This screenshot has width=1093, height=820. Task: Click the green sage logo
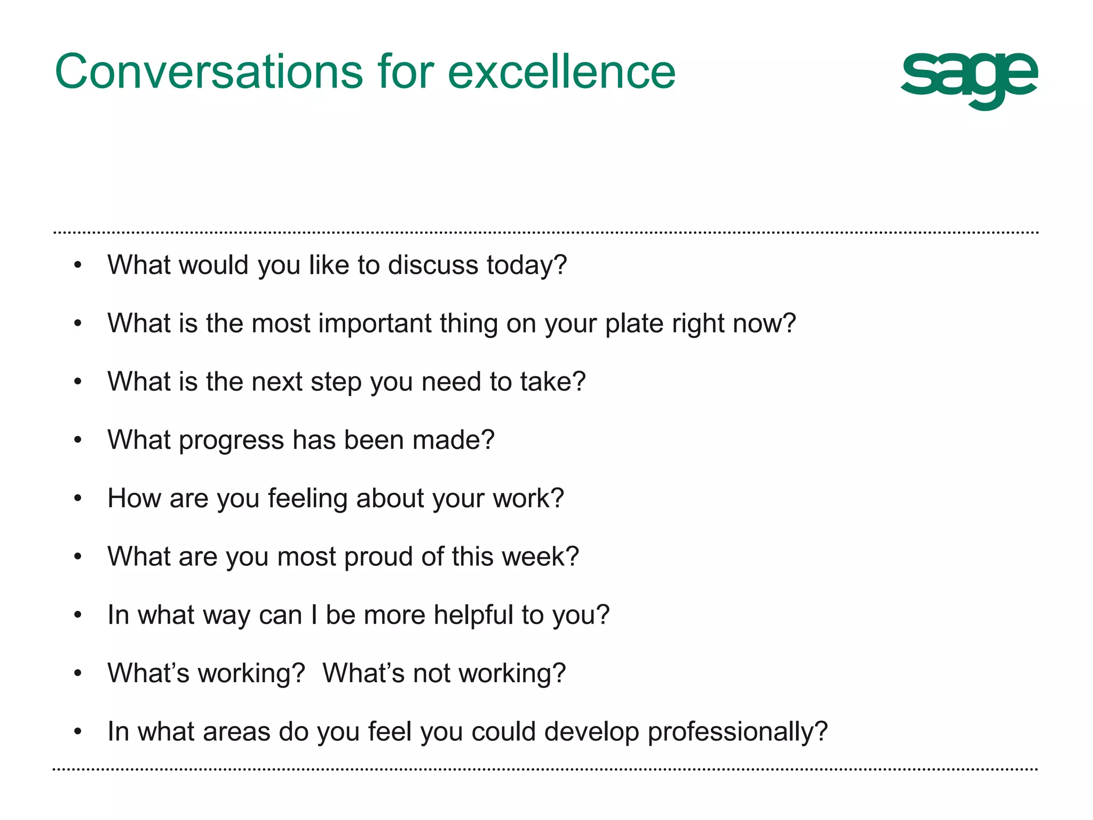click(x=969, y=78)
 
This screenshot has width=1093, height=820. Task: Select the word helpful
click(x=473, y=616)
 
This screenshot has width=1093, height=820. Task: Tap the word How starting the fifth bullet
click(x=133, y=499)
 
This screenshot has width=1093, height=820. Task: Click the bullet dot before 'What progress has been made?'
click(x=78, y=440)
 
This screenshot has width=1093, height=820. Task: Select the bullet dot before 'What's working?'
click(x=78, y=674)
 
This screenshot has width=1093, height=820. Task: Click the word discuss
click(x=432, y=265)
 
